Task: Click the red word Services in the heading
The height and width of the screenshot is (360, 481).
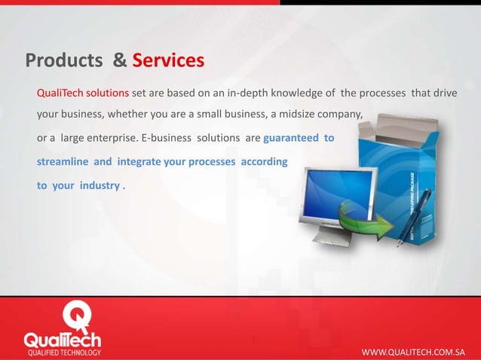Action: pos(168,59)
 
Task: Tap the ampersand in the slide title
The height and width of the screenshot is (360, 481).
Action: pos(119,59)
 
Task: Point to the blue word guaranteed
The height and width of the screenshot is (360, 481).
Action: pos(291,139)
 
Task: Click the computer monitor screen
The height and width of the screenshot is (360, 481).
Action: pos(340,193)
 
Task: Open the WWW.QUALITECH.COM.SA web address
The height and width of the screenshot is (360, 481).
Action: pos(413,351)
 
